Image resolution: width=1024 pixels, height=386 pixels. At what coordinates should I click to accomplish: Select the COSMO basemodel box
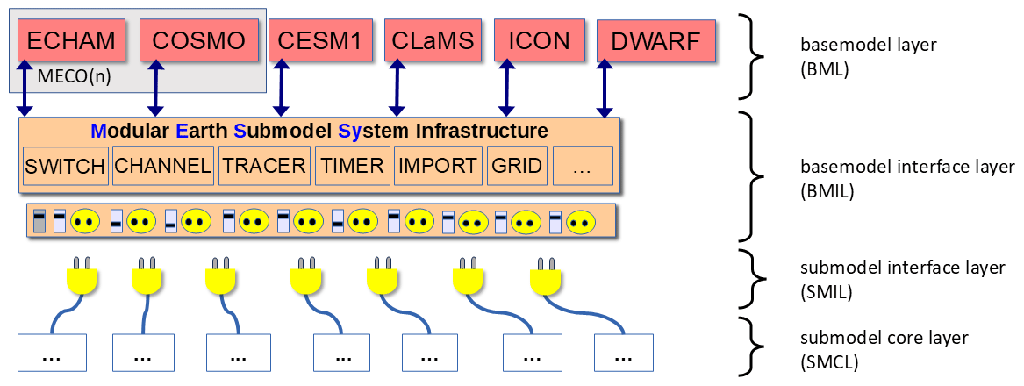(x=198, y=39)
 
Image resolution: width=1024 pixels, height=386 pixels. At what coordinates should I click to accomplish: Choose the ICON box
(x=538, y=39)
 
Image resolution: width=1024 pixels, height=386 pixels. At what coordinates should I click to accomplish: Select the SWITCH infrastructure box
(x=65, y=166)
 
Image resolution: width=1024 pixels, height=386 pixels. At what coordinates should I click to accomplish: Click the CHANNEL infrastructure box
(x=163, y=166)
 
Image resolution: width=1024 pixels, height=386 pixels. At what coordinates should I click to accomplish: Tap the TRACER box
(x=264, y=166)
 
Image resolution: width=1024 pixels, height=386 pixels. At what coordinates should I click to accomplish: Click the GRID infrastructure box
(x=517, y=166)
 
